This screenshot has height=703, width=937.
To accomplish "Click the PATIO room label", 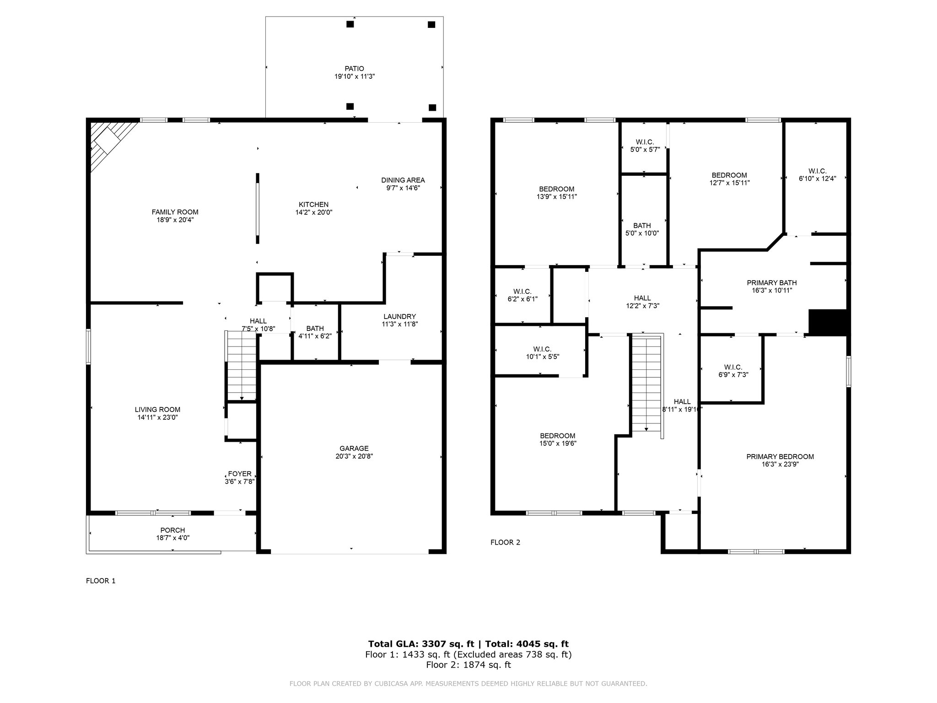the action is coord(355,69).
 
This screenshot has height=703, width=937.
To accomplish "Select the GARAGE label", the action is coord(354,449).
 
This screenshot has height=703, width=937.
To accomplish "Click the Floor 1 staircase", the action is coord(242,366).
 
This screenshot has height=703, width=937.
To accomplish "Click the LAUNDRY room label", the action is coord(400,316).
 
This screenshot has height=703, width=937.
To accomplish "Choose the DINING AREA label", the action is coord(403,180).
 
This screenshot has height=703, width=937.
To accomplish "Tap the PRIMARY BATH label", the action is coord(772,283).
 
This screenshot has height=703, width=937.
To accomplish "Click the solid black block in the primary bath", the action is coord(828,322).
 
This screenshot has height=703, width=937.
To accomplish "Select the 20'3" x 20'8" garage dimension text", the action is coord(354,456).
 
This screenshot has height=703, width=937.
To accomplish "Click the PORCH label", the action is coord(172,530).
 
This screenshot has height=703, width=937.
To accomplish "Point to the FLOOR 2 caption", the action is coord(505,542).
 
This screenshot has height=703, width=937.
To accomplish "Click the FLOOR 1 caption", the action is coord(101,581).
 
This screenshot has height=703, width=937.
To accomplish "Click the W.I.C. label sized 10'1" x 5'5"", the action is coord(542,349).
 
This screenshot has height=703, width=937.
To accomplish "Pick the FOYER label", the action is coord(240,474).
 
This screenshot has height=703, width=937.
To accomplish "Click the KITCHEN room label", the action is coord(313,205).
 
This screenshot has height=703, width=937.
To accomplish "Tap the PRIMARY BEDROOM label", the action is coord(780,456).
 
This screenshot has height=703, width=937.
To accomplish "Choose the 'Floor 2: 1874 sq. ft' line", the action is coord(468,665).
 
